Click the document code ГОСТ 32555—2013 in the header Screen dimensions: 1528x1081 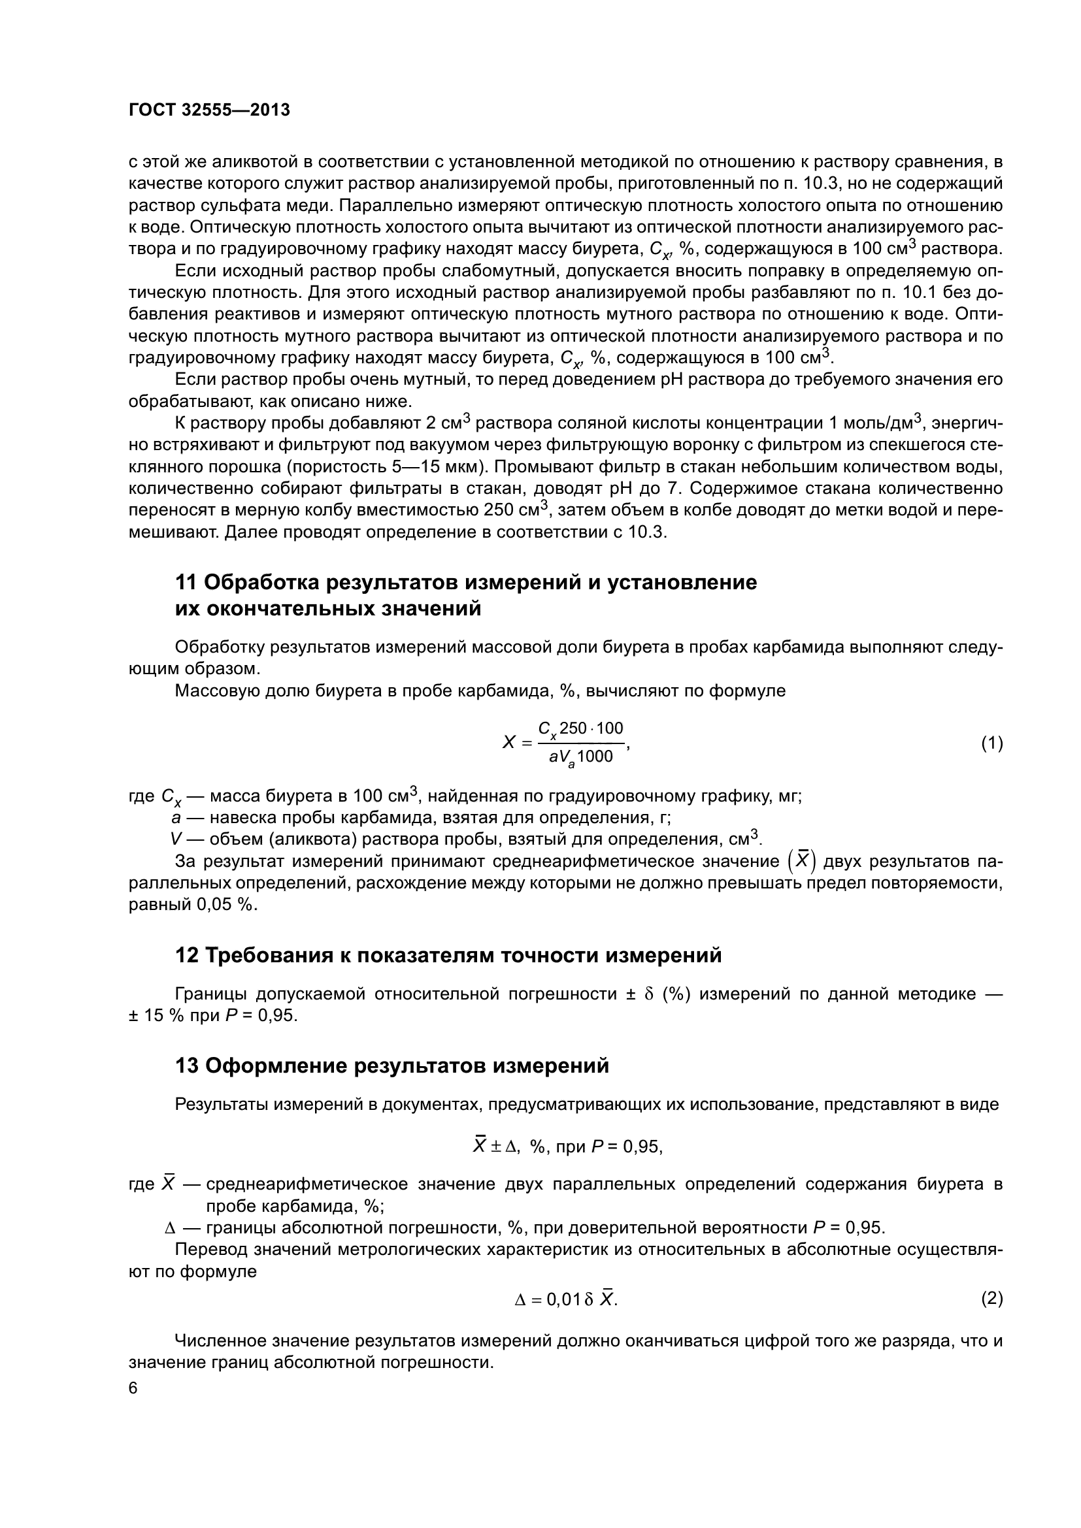pos(209,110)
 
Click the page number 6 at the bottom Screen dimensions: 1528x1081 pos(133,1388)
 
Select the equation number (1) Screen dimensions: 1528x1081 pos(991,743)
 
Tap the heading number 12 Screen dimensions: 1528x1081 pos(186,956)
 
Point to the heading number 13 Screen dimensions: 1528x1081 pos(186,1066)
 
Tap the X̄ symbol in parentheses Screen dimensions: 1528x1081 pos(803,860)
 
